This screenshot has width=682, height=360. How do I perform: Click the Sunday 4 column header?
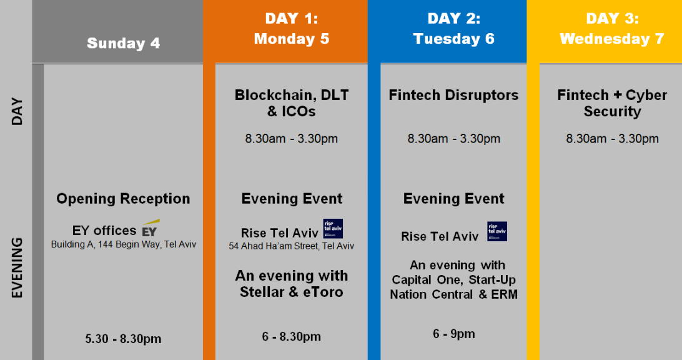pyautogui.click(x=123, y=43)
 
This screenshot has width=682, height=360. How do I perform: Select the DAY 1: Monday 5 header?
pyautogui.click(x=292, y=29)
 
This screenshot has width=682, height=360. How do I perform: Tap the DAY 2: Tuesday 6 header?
pyautogui.click(x=453, y=29)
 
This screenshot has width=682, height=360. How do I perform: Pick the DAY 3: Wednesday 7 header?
pyautogui.click(x=612, y=29)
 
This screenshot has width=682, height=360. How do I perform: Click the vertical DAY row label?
pyautogui.click(x=16, y=111)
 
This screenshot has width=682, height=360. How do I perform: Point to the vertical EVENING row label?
pyautogui.click(x=16, y=267)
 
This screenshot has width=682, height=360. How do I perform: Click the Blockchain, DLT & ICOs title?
pyautogui.click(x=292, y=103)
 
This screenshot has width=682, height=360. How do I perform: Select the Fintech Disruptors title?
pyautogui.click(x=453, y=96)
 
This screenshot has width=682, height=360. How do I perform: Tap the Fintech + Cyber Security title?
pyautogui.click(x=612, y=103)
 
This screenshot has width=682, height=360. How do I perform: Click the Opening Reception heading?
pyautogui.click(x=123, y=199)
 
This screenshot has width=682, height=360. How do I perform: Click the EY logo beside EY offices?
pyautogui.click(x=150, y=228)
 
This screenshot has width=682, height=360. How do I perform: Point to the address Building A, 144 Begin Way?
pyautogui.click(x=124, y=244)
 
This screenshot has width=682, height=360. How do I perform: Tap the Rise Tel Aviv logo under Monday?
pyautogui.click(x=333, y=229)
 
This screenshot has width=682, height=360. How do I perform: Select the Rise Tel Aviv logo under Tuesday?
pyautogui.click(x=497, y=231)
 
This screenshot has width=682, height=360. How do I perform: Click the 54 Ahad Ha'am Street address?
pyautogui.click(x=292, y=246)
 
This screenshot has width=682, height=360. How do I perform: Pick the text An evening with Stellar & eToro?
pyautogui.click(x=292, y=284)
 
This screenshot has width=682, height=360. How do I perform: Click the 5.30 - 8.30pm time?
pyautogui.click(x=123, y=339)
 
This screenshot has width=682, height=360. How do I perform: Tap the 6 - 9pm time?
pyautogui.click(x=453, y=334)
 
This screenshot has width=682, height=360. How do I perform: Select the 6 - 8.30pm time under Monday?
pyautogui.click(x=292, y=336)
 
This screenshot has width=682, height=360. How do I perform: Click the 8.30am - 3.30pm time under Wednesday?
pyautogui.click(x=612, y=139)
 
